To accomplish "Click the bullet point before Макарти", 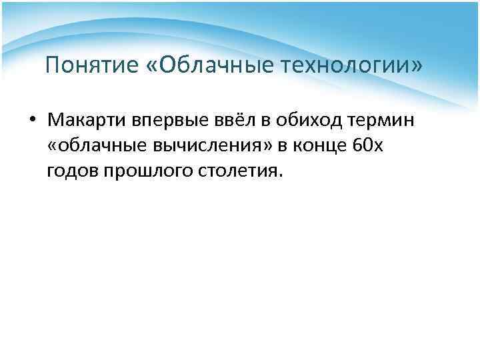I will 32,122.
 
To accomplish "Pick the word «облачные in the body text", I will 90,147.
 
